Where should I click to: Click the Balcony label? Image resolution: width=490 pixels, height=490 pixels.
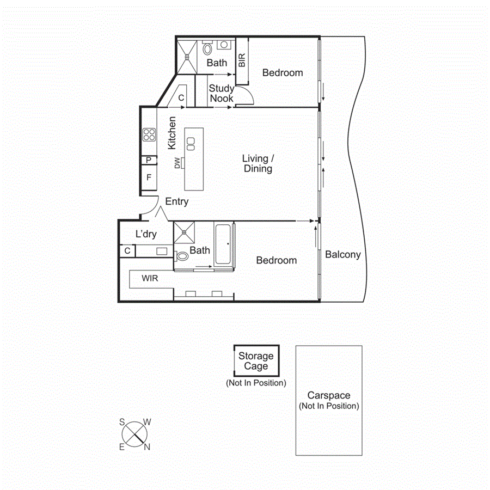343,254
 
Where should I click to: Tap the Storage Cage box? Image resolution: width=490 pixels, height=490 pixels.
256,360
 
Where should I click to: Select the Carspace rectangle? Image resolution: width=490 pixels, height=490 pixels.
329,400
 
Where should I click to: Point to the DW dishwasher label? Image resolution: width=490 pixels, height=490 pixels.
177,163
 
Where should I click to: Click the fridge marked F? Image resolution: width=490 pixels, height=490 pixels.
149,177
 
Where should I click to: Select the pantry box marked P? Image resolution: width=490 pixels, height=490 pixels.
149,160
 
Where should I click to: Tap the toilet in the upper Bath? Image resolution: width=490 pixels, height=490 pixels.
207,49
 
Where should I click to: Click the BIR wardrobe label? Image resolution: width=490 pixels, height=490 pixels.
242,60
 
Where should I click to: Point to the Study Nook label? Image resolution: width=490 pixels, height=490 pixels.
222,93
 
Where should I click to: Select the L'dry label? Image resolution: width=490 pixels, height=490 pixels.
146,234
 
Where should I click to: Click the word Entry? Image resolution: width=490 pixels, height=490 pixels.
177,201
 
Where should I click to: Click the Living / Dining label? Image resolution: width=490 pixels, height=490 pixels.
258,163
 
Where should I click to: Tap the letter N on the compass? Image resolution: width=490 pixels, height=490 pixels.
146,447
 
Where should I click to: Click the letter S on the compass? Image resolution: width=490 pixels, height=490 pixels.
122,422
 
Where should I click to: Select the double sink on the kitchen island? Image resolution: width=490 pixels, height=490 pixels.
191,143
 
